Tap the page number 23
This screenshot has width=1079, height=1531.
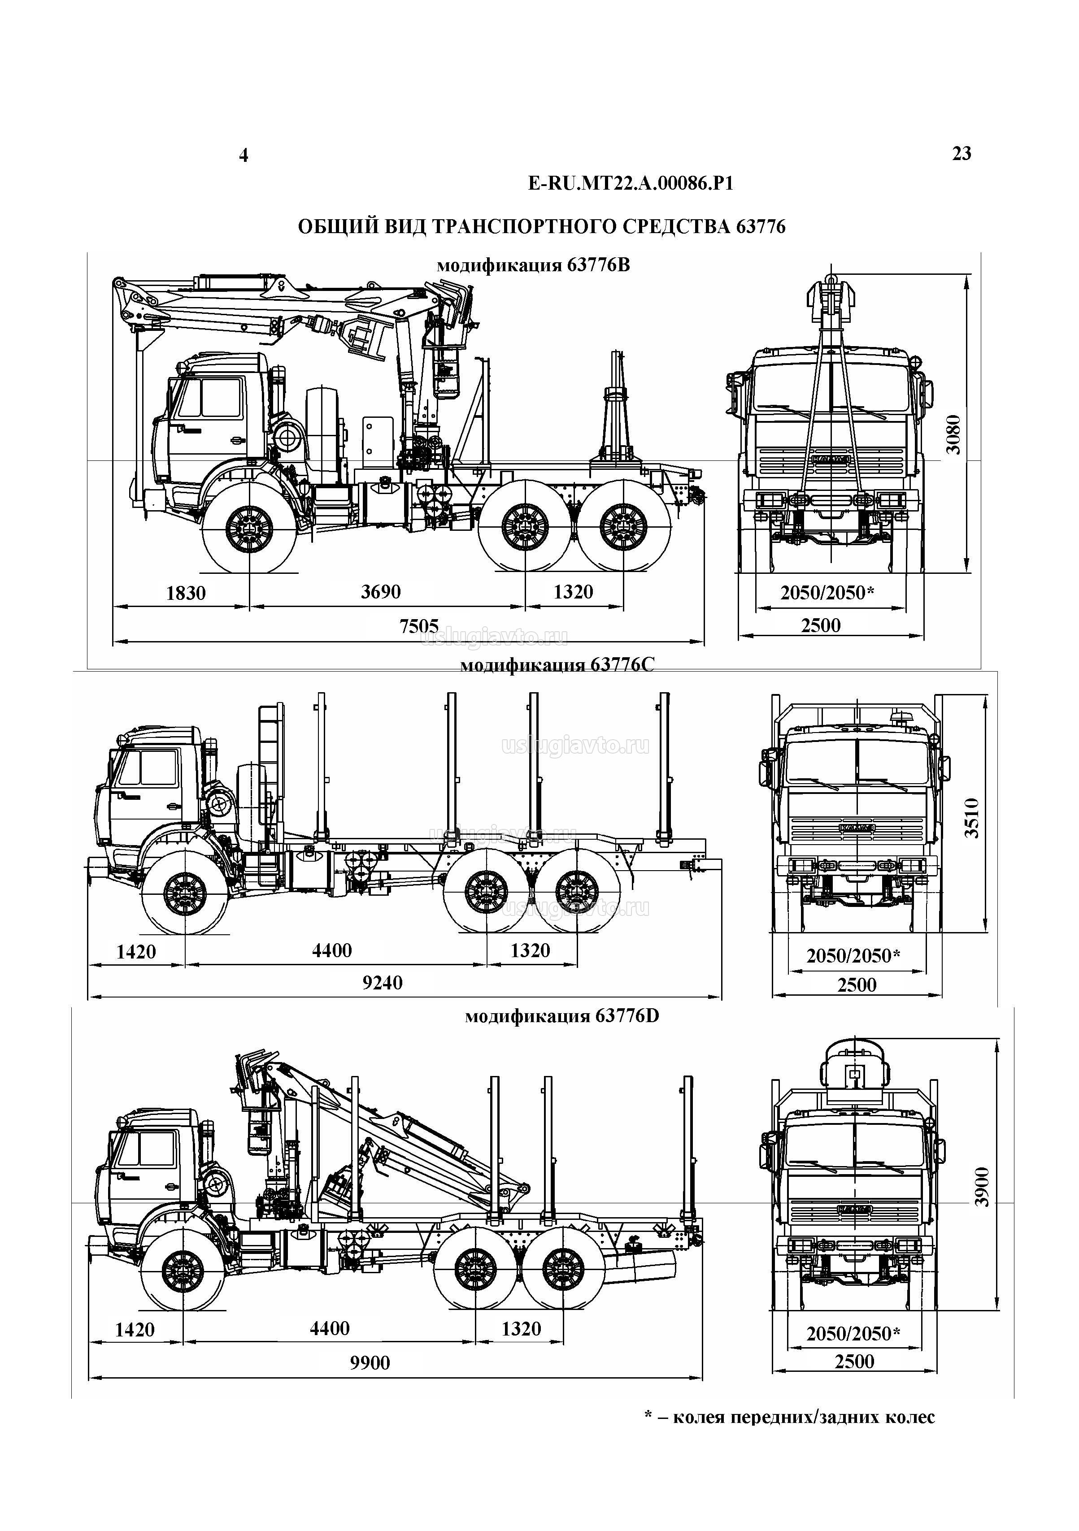[961, 154]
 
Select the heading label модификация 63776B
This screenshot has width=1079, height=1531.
[533, 265]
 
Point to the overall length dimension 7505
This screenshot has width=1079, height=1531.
[419, 625]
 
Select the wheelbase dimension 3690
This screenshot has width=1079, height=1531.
[381, 591]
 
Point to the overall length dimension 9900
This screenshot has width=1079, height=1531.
[370, 1362]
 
